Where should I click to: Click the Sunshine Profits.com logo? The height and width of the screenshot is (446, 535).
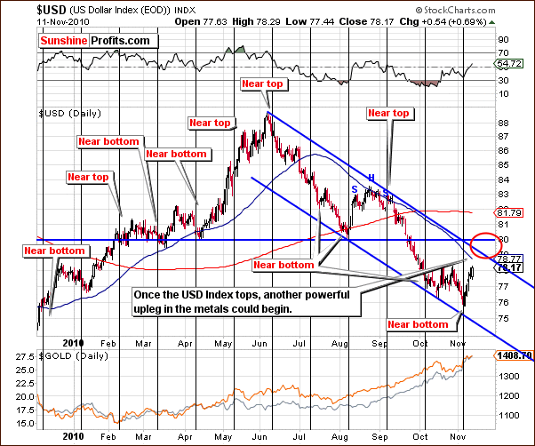[97, 41]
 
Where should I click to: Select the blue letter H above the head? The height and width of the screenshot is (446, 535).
[371, 177]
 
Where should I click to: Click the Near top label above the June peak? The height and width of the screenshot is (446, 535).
[263, 84]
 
